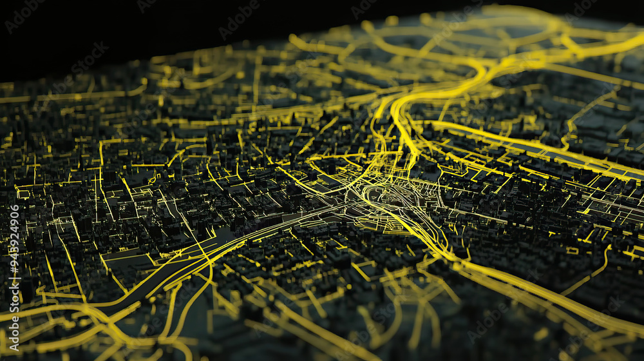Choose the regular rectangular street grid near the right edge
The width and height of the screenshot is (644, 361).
point(612,206)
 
